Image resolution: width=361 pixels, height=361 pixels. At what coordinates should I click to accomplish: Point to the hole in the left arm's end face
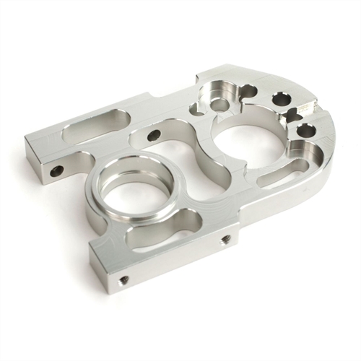pyautogui.click(x=56, y=171)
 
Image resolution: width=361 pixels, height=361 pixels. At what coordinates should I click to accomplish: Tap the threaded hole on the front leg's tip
pyautogui.click(x=123, y=279)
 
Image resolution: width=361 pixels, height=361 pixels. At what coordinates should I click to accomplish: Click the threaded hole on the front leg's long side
pyautogui.click(x=225, y=239)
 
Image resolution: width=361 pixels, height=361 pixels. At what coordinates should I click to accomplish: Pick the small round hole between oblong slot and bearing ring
pyautogui.click(x=154, y=135)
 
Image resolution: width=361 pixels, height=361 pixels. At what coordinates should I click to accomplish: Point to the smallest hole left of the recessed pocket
pyautogui.click(x=196, y=110)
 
